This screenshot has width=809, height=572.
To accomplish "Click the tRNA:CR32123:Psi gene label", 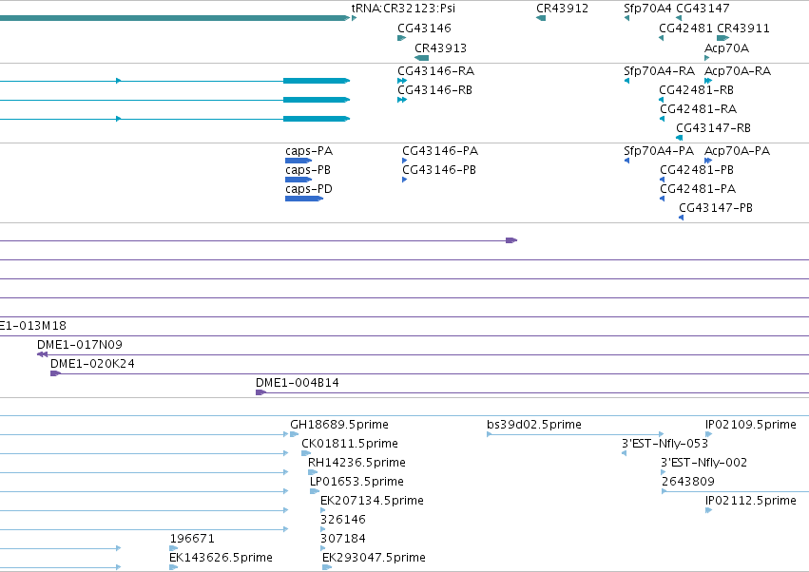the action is coord(403,9).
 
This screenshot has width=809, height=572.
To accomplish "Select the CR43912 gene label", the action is coord(562,9).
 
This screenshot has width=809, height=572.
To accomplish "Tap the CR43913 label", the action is coord(440,48).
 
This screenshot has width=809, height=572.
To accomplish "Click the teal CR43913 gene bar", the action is coord(422,58).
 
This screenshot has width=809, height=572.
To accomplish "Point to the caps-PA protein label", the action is coord(309,151).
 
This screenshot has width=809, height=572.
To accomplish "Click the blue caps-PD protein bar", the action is coord(304,199).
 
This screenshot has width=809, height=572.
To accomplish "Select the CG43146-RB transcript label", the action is coord(435,89).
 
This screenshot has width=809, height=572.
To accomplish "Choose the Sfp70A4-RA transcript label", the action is coord(659,70).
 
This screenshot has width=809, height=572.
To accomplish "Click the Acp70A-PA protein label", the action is coord(738,151).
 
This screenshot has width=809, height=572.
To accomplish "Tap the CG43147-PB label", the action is coord(716,208).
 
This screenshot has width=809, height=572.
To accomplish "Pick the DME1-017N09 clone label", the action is coord(80,345).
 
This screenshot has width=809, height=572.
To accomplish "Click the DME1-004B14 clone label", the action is coord(298,383).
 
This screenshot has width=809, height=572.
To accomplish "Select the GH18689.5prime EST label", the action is coord(339,425).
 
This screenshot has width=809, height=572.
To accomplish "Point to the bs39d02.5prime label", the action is coord(534,425).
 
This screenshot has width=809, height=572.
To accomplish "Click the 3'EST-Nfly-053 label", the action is coord(665,444).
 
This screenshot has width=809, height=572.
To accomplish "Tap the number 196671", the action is coord(192,539).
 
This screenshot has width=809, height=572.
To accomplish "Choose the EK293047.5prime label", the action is coord(374,558).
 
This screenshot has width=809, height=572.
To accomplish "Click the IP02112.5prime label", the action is coord(751,501).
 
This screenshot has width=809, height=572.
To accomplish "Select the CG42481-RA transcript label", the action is coord(698,109).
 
